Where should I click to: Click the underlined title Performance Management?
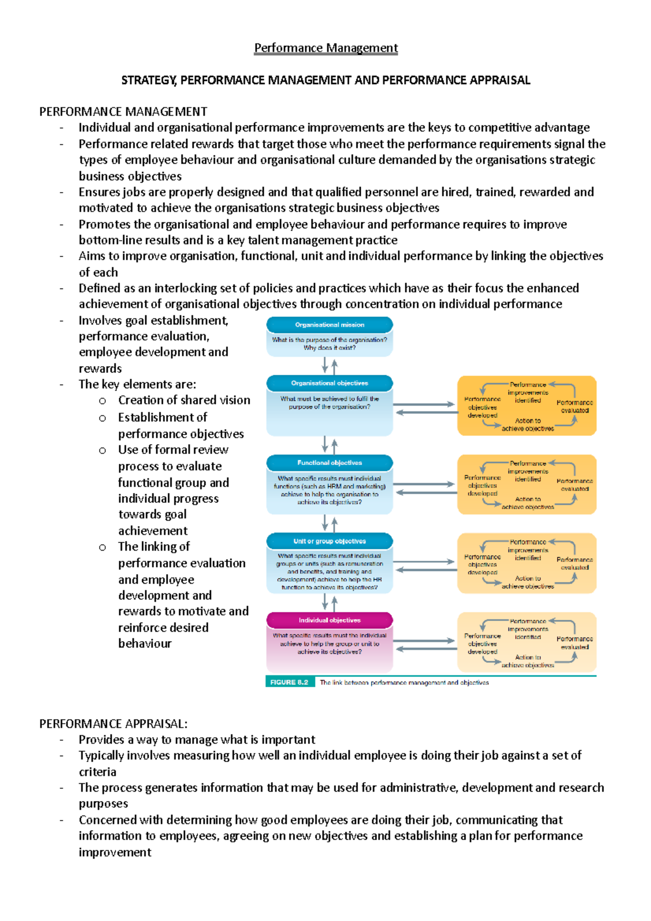326,48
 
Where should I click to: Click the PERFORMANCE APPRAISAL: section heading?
113,724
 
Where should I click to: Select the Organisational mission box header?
329,325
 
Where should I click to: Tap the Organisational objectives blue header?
329,383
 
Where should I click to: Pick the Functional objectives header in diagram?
329,463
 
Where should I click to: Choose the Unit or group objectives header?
329,541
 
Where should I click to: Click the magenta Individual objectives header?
329,620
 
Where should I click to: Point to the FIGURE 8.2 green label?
289,682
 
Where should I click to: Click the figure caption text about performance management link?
404,683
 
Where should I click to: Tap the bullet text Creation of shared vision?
184,400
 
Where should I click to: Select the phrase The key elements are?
137,385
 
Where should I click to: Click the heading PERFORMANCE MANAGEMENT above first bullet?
123,112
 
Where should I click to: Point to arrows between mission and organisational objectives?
329,366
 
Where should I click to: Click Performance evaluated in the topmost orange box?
575,406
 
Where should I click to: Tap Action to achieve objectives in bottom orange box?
527,661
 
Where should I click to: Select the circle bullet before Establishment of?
103,418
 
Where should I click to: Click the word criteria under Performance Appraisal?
98,772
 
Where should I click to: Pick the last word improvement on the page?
115,852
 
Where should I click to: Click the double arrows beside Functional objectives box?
425,488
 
